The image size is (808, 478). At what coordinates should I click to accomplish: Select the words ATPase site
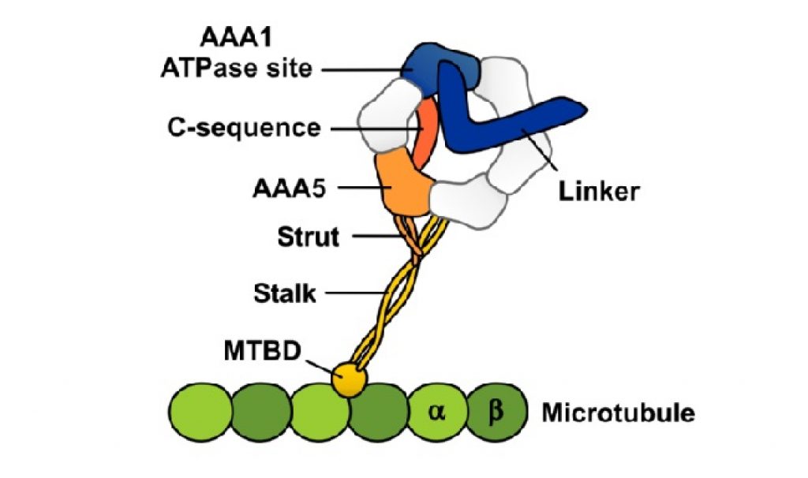pos(233,69)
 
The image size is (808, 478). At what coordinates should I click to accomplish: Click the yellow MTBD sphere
pos(350,381)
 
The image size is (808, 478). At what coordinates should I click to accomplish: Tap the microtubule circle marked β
pos(495,411)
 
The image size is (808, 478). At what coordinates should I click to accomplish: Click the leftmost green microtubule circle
pos(200,412)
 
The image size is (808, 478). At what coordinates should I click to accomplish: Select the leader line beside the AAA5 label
pos(359,188)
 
